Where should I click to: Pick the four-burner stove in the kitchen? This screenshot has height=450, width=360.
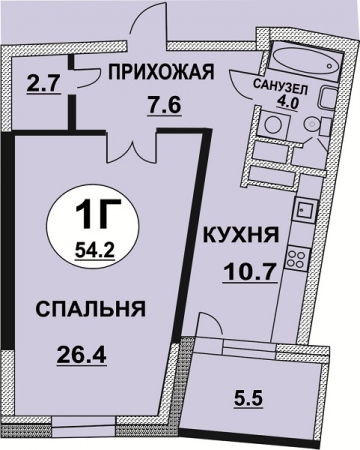297,256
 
